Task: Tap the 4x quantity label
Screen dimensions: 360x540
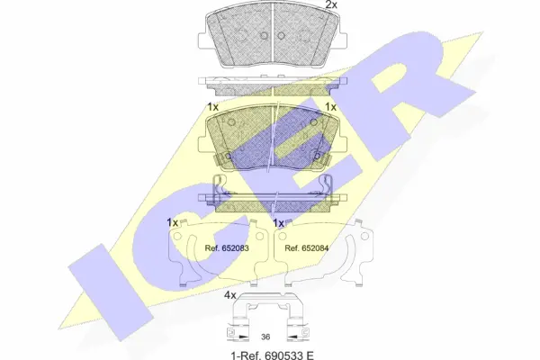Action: click(229, 295)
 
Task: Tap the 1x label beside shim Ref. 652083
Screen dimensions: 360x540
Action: click(172, 222)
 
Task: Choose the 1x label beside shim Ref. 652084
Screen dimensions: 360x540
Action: click(279, 222)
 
